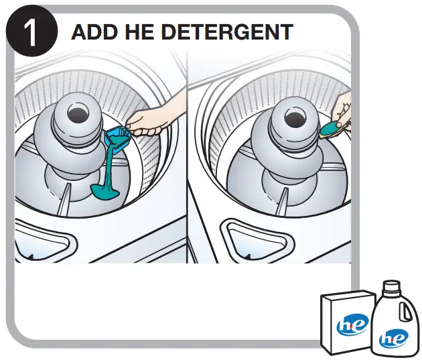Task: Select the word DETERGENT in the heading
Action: point(228,32)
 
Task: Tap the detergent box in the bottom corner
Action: point(344,322)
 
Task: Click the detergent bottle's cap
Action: point(391,290)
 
